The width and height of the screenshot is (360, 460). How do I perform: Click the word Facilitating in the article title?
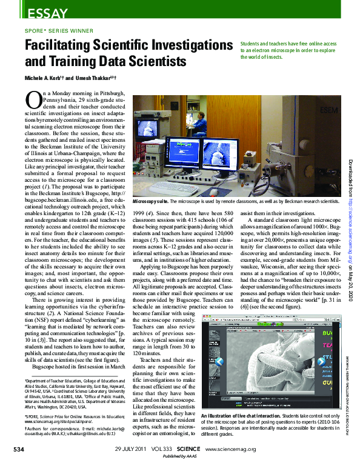(x=61, y=46)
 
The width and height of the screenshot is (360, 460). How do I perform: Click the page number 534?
(x=19, y=449)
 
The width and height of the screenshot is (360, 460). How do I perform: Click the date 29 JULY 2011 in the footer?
(x=130, y=449)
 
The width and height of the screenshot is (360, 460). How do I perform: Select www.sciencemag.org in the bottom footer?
(x=231, y=449)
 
